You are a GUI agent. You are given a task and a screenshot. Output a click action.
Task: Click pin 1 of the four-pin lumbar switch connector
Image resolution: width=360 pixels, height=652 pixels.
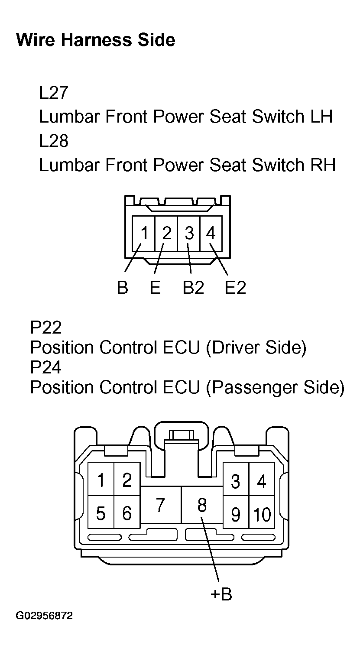[x=144, y=234]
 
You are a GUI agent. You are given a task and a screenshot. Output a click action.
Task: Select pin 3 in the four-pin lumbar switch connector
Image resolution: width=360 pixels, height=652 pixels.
[x=189, y=234]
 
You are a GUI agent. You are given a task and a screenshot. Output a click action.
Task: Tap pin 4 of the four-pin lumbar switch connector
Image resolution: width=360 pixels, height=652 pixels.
[x=211, y=234]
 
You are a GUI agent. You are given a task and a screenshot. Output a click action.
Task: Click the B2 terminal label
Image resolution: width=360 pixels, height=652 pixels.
[x=193, y=287]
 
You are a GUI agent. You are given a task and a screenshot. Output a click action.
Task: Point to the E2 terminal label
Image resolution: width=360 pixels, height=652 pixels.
[x=235, y=287]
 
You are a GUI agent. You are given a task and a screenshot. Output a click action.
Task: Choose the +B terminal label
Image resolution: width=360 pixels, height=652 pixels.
[x=221, y=594]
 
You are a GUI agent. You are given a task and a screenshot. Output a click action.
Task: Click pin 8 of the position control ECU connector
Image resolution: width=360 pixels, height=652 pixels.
[x=202, y=505]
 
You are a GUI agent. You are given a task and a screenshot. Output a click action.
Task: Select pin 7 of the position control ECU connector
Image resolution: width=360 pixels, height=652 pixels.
[x=160, y=505]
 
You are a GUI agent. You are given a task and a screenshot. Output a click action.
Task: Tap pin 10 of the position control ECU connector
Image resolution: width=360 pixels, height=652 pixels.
[x=262, y=514]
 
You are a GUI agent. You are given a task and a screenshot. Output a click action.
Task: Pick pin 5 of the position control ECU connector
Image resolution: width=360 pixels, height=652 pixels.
[x=101, y=513]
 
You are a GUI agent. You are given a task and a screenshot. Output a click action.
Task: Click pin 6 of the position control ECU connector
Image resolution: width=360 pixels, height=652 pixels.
[x=127, y=513]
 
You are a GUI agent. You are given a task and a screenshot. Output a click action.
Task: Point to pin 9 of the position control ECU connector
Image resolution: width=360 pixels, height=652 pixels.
[x=235, y=514]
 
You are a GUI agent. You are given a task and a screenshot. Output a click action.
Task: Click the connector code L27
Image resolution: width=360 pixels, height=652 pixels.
[x=53, y=93]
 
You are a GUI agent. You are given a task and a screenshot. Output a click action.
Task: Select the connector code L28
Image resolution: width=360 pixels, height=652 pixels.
[x=53, y=141]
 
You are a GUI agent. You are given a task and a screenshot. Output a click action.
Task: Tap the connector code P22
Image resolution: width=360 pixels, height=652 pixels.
[x=45, y=328]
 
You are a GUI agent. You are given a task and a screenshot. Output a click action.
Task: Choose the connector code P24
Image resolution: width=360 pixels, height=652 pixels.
[x=45, y=367]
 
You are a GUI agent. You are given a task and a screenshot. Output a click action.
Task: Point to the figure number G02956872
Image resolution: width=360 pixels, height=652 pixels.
[x=44, y=616]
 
